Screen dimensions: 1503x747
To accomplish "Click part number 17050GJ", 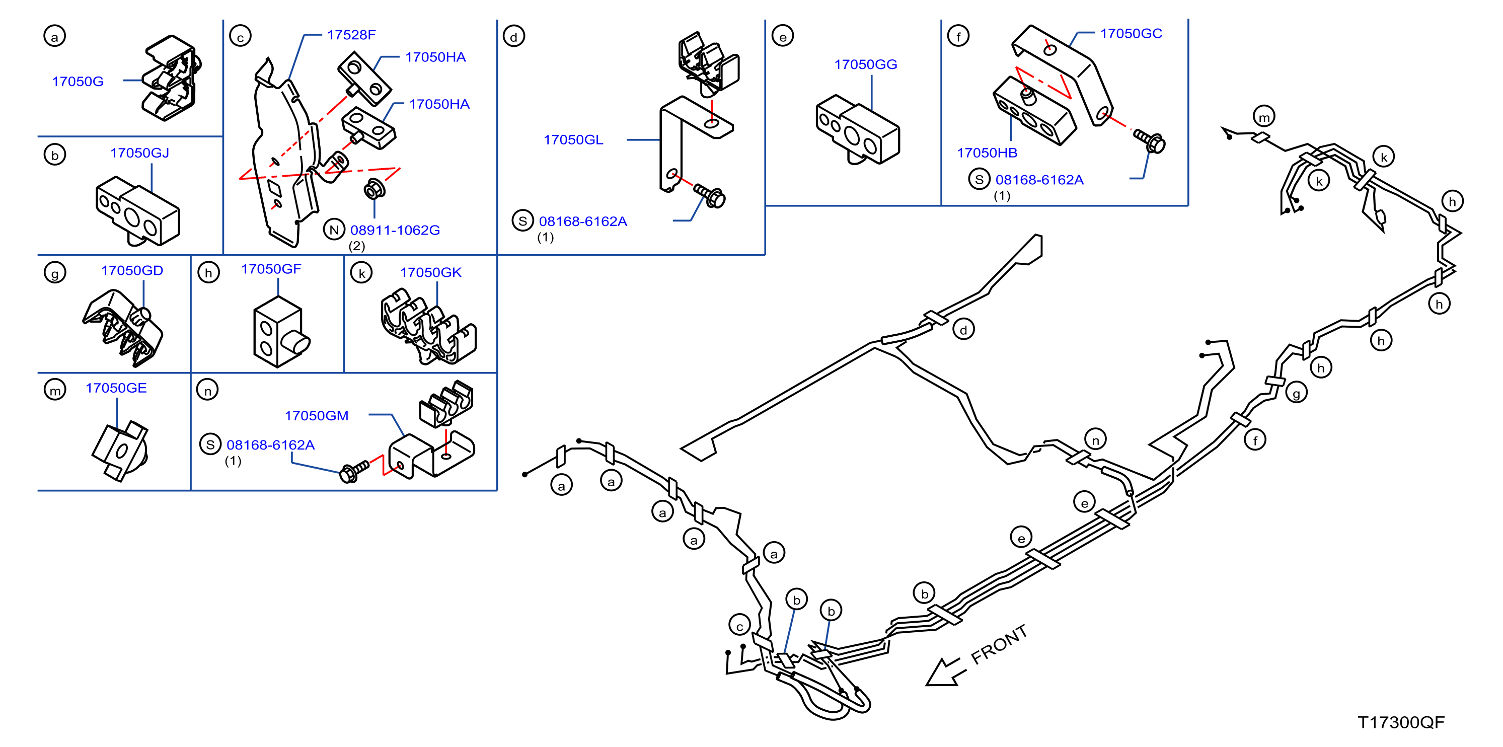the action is [x=139, y=153].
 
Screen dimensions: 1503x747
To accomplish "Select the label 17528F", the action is [x=351, y=35].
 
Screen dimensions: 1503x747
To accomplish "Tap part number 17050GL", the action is [x=573, y=140].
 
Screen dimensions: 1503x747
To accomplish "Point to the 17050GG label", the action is [x=865, y=65].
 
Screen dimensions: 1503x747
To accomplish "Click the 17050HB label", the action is [x=987, y=153].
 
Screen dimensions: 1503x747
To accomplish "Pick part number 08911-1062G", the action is [x=395, y=231].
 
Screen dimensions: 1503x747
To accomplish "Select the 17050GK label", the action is [x=430, y=272].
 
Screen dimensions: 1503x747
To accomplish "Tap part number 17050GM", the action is [x=316, y=416].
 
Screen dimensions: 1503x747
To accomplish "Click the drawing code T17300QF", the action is [x=1401, y=722].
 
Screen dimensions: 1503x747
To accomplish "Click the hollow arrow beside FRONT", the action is [x=945, y=671].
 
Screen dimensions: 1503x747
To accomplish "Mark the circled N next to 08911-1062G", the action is [x=334, y=230].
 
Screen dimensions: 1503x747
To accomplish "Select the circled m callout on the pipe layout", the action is [x=1264, y=117].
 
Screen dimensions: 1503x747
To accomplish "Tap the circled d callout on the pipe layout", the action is [x=963, y=330].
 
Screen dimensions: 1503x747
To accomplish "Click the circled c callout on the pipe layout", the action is [x=739, y=625].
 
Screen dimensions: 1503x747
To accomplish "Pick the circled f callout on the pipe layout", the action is [x=1255, y=440].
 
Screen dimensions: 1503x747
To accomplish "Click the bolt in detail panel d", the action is [x=710, y=195].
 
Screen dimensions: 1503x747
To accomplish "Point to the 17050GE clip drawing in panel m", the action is [x=121, y=450].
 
